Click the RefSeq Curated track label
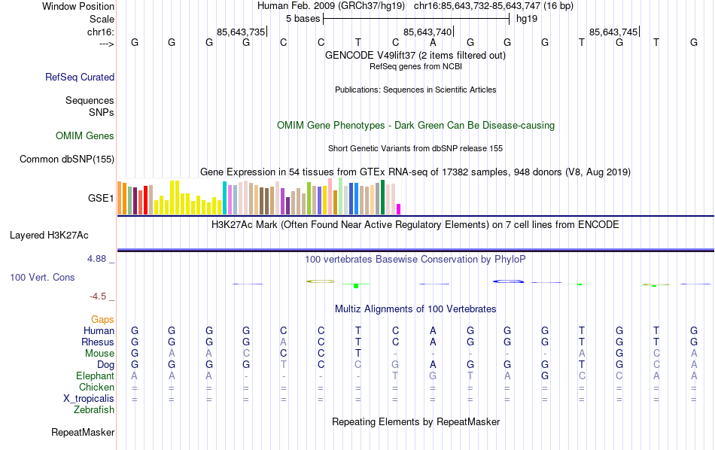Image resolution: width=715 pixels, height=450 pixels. click(80, 77)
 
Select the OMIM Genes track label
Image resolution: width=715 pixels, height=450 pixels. click(85, 136)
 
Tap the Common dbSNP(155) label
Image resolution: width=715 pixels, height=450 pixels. click(67, 159)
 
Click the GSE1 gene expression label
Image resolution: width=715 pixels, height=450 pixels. click(101, 199)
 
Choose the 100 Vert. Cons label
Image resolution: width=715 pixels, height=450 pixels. click(42, 278)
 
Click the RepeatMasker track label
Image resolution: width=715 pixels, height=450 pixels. click(83, 433)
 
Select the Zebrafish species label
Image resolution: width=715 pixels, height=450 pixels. click(94, 410)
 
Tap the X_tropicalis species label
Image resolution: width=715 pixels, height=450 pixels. click(89, 399)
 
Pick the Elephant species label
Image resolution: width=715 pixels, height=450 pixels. click(95, 376)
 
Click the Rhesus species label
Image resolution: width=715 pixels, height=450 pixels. click(98, 342)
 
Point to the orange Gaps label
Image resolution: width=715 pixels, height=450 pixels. click(102, 320)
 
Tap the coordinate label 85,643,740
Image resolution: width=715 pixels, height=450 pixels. click(427, 32)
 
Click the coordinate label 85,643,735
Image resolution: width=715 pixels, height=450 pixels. click(241, 32)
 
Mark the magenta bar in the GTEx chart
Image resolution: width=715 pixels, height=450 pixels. click(399, 209)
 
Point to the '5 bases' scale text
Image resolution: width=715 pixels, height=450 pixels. click(303, 19)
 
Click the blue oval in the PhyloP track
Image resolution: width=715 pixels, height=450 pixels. click(508, 281)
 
